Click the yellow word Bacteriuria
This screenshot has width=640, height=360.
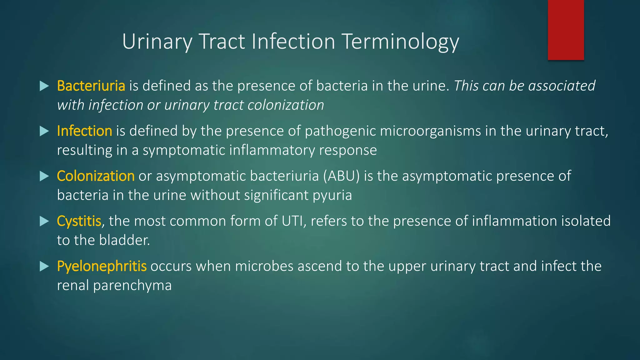[x=91, y=86]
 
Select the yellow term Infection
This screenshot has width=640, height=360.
[x=84, y=131]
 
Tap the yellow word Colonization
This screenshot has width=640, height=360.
[x=96, y=176]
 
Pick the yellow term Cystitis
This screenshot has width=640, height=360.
[x=79, y=221]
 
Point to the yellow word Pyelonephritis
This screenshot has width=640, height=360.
[x=102, y=266]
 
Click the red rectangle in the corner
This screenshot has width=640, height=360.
[x=566, y=30]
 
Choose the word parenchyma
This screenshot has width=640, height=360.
[x=132, y=286]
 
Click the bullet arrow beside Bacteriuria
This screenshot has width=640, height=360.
[x=44, y=86]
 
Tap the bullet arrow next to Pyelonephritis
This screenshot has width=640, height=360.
[x=44, y=266]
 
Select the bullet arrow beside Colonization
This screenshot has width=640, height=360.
[x=44, y=176]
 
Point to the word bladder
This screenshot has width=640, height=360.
[x=124, y=240]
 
